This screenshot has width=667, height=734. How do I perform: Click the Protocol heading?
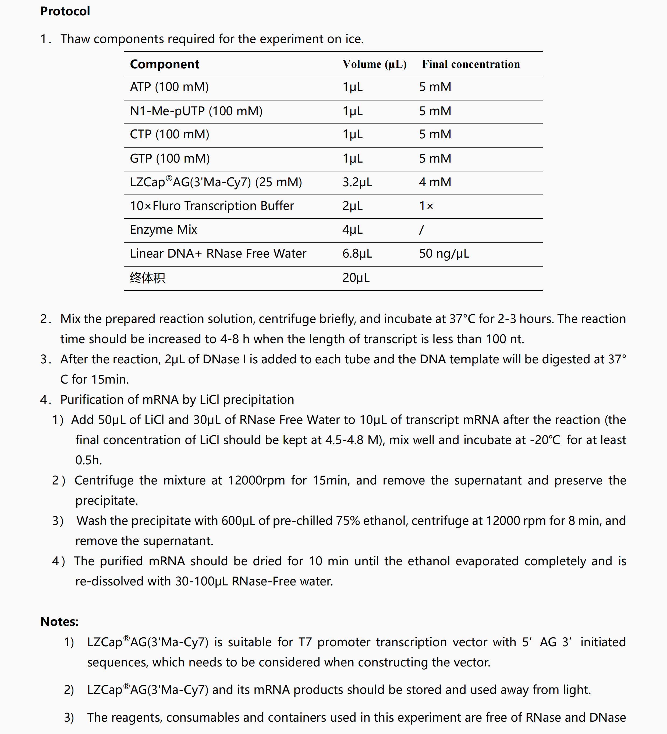(65, 11)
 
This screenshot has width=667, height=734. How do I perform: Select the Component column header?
(165, 64)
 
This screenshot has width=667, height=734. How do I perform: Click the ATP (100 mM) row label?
(169, 87)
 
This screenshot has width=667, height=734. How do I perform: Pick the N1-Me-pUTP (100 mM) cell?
(196, 111)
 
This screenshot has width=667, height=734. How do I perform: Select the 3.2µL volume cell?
(357, 182)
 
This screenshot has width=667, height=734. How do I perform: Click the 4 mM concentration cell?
(435, 182)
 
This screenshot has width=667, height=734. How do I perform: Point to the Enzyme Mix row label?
(163, 230)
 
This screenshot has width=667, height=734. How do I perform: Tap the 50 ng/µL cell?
(444, 253)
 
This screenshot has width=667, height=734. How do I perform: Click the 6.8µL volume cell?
(357, 253)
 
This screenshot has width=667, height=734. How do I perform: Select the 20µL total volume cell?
(356, 278)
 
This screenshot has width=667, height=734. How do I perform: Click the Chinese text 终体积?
(147, 278)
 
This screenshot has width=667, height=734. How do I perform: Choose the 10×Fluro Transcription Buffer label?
(212, 206)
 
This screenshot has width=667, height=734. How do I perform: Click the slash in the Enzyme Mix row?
(421, 230)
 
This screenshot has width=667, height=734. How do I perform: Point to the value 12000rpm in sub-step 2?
(256, 481)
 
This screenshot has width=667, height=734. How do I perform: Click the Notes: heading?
(59, 621)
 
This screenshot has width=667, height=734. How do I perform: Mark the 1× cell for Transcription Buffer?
(426, 206)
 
